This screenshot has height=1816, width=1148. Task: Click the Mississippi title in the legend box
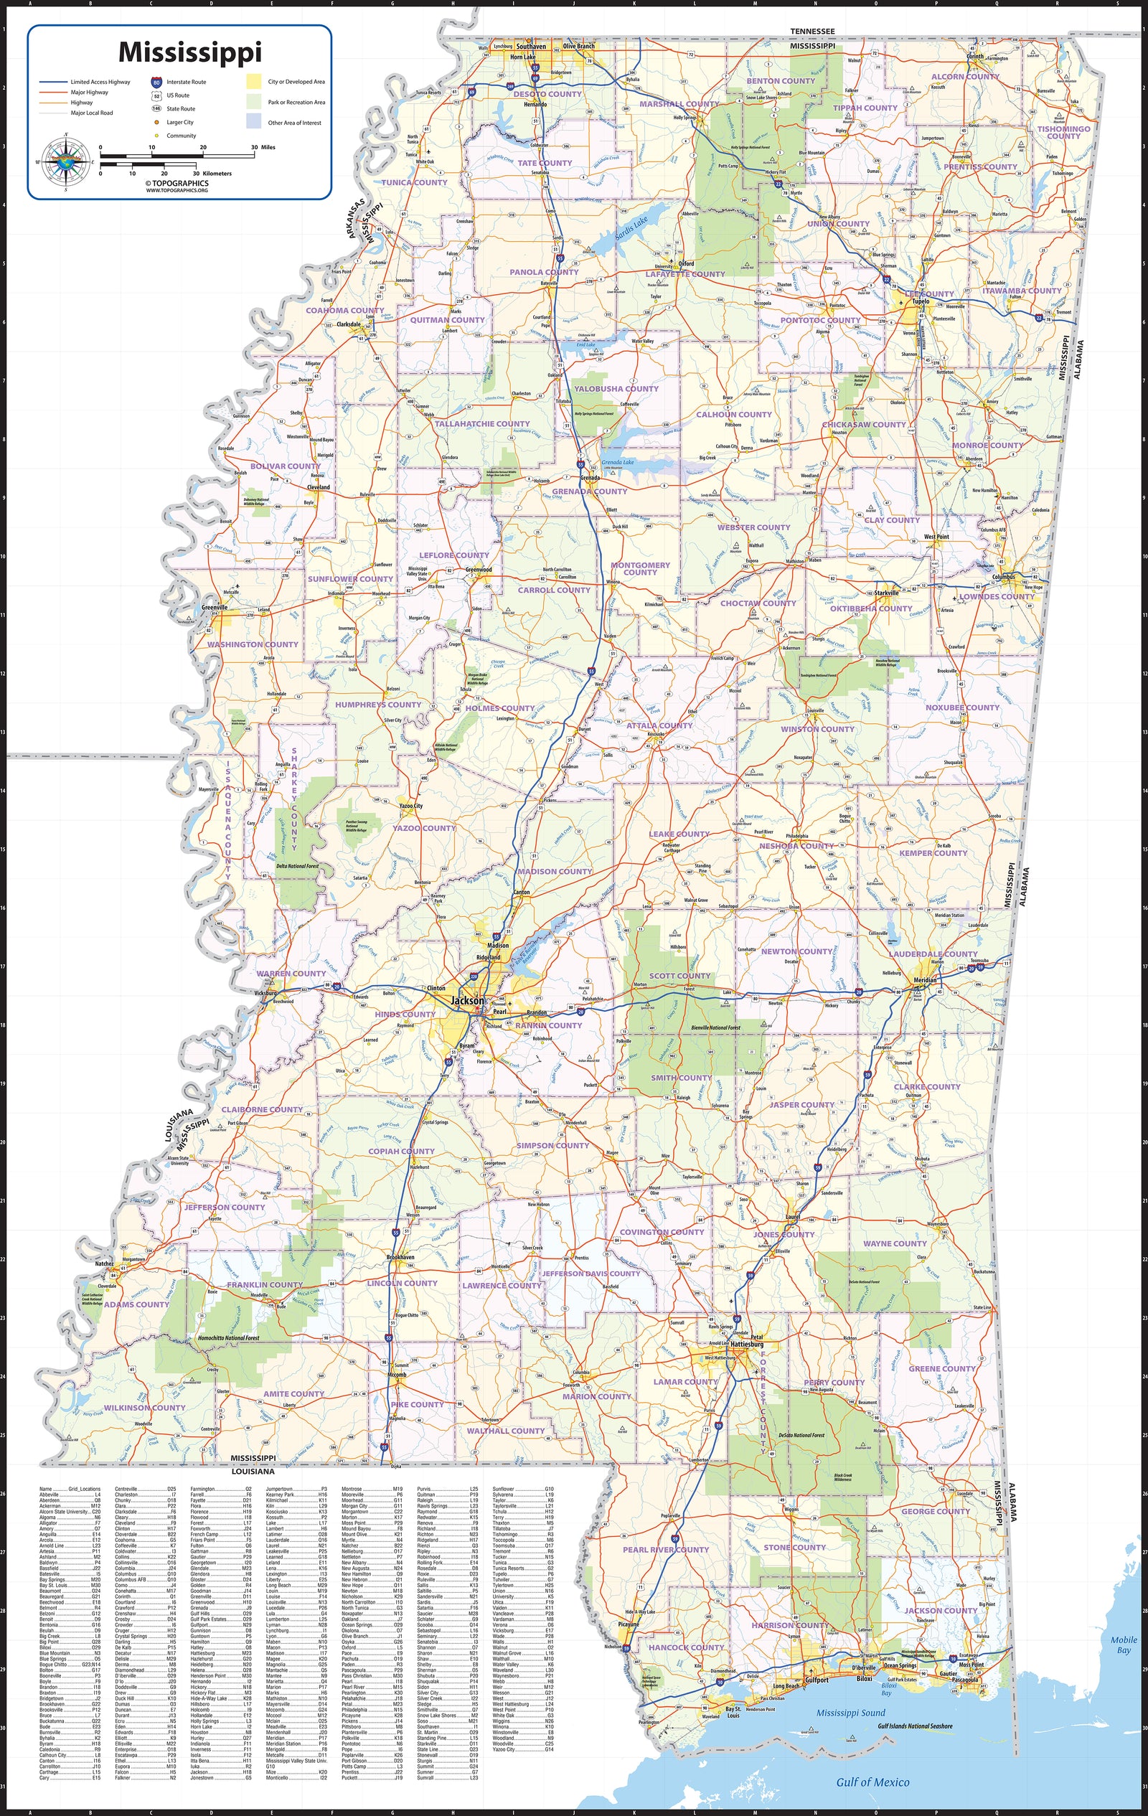click(190, 52)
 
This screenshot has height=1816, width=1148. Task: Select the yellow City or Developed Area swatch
click(254, 82)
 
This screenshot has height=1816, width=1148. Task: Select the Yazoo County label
click(424, 828)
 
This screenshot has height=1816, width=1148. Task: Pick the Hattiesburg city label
click(747, 1344)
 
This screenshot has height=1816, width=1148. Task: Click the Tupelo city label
click(921, 301)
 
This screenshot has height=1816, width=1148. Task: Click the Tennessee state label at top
click(812, 31)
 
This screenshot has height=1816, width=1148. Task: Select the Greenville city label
click(215, 607)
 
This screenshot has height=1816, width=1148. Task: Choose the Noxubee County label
click(961, 707)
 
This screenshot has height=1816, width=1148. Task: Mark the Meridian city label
click(925, 979)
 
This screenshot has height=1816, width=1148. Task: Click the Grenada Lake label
click(618, 461)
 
